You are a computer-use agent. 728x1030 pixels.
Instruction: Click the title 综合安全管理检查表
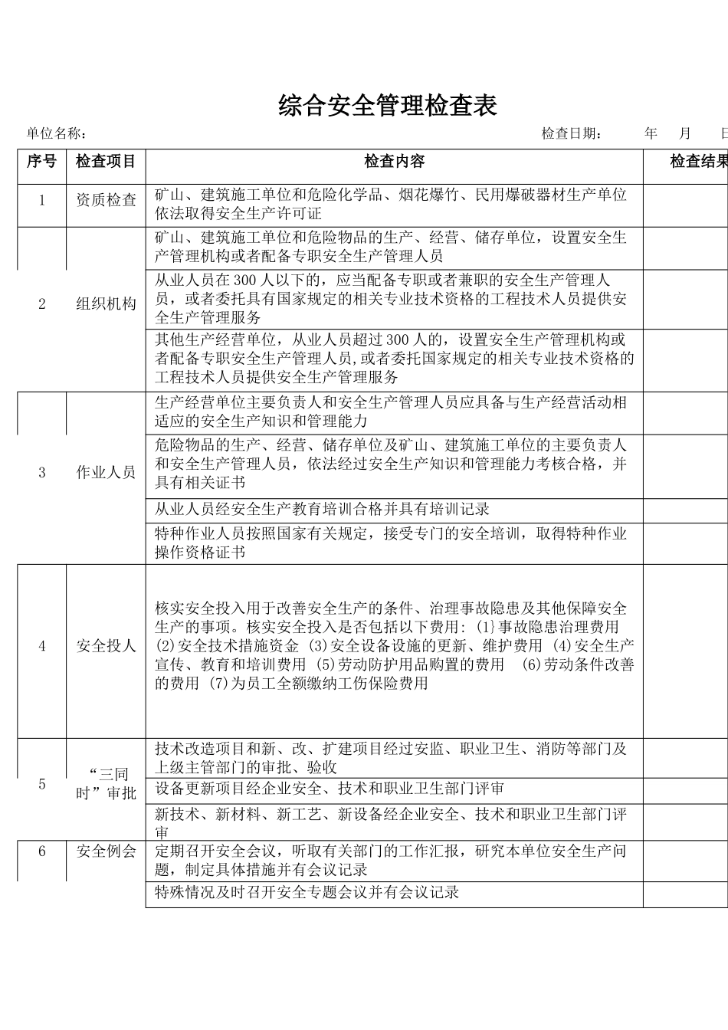click(x=388, y=106)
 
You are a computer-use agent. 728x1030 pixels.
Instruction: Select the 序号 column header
click(x=41, y=162)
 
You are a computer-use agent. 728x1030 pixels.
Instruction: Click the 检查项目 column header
click(x=106, y=162)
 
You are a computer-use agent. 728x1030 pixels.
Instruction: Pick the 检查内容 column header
click(x=394, y=162)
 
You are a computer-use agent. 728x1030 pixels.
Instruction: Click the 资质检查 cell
click(x=106, y=201)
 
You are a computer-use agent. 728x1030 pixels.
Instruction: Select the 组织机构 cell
click(x=106, y=304)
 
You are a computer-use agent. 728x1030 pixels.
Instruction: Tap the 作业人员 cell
click(x=106, y=472)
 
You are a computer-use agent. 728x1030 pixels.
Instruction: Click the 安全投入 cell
click(x=106, y=646)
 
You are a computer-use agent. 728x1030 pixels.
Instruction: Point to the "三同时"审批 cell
click(x=106, y=783)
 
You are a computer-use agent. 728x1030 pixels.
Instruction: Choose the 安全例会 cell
click(x=106, y=851)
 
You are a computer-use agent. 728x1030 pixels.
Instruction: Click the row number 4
click(x=42, y=646)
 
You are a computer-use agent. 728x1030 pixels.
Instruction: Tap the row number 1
click(x=42, y=201)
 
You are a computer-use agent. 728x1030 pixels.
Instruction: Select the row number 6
click(x=42, y=851)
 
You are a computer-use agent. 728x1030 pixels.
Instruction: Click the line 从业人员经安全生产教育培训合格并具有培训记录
click(x=322, y=510)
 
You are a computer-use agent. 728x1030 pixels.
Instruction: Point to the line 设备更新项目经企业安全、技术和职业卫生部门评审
click(x=330, y=789)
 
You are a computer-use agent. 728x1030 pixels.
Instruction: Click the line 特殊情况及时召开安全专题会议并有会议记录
click(x=307, y=892)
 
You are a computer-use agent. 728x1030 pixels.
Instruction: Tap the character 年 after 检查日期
click(x=651, y=134)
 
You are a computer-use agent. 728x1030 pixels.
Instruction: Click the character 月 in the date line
click(x=687, y=134)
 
